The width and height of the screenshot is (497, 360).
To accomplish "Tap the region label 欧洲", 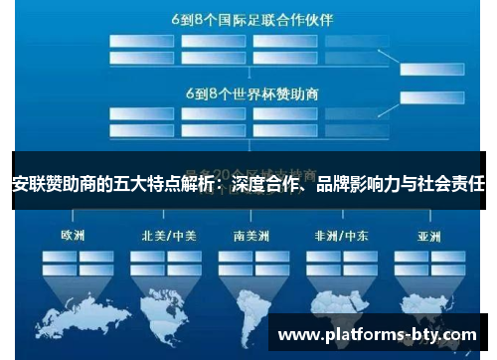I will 73,237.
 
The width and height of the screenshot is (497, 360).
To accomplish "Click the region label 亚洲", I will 427,237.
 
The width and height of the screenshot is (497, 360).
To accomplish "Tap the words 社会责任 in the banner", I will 460,182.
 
